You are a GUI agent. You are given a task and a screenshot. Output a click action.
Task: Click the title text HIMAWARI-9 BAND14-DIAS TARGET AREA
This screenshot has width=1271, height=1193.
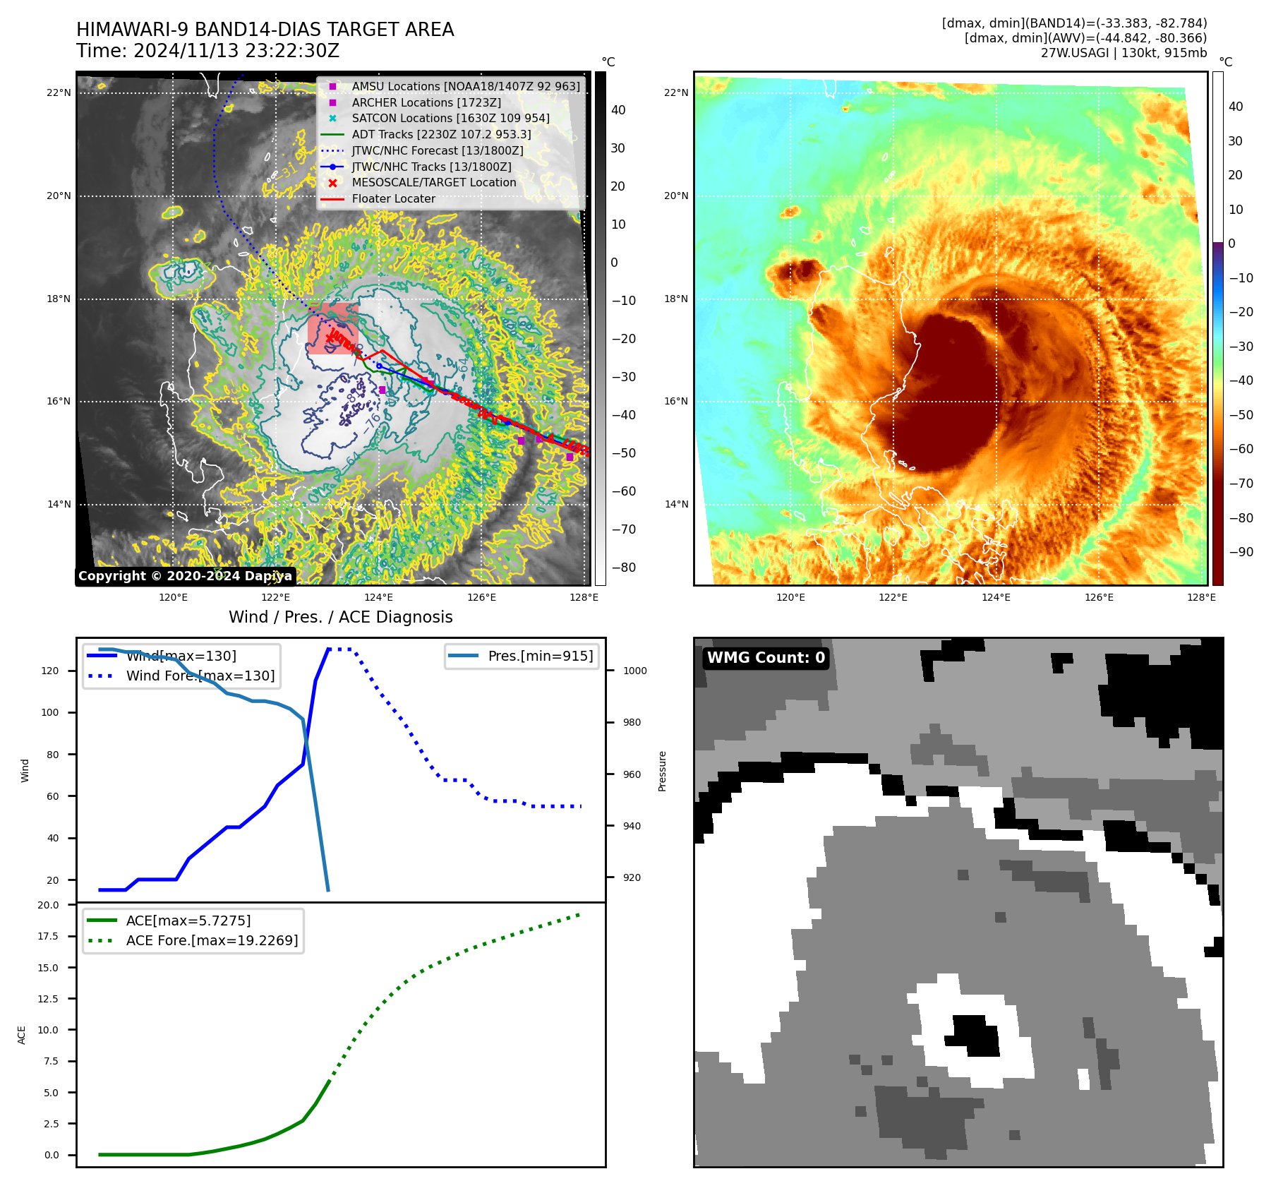pos(265,30)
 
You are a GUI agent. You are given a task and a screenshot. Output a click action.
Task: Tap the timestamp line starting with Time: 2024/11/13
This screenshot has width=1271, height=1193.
pos(207,51)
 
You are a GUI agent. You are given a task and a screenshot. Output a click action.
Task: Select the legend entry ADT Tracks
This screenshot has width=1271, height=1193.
pos(441,134)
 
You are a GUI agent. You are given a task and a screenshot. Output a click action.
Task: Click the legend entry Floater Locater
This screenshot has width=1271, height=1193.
pos(393,198)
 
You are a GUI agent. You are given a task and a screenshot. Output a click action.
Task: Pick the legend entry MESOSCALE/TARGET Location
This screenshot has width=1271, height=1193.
pos(433,182)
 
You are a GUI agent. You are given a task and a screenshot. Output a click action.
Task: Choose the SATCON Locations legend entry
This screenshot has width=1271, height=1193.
pos(450,118)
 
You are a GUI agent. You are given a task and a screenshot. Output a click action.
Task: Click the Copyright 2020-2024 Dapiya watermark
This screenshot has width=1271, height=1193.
pos(185,576)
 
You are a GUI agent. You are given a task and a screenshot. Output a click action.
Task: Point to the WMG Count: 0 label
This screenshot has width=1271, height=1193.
pos(766,658)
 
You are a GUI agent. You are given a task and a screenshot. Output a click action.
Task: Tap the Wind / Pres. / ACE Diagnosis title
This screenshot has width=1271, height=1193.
pos(340,617)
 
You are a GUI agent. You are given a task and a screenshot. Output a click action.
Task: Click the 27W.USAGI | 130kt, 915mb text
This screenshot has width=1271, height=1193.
pos(1124,53)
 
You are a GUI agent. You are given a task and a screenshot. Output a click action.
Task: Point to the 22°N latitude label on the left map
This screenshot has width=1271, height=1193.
pos(59,92)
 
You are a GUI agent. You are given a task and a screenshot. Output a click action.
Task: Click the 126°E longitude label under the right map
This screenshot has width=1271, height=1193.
pos(1099,597)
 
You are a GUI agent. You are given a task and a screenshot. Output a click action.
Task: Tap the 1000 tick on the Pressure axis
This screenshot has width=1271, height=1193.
pos(634,671)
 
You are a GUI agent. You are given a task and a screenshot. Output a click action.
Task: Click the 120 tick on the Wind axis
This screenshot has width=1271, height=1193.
pos(50,671)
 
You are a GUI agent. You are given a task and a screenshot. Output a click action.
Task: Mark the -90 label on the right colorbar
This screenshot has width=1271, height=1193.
pos(1241,552)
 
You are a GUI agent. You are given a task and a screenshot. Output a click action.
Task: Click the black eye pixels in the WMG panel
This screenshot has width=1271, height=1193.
pos(974,1035)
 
